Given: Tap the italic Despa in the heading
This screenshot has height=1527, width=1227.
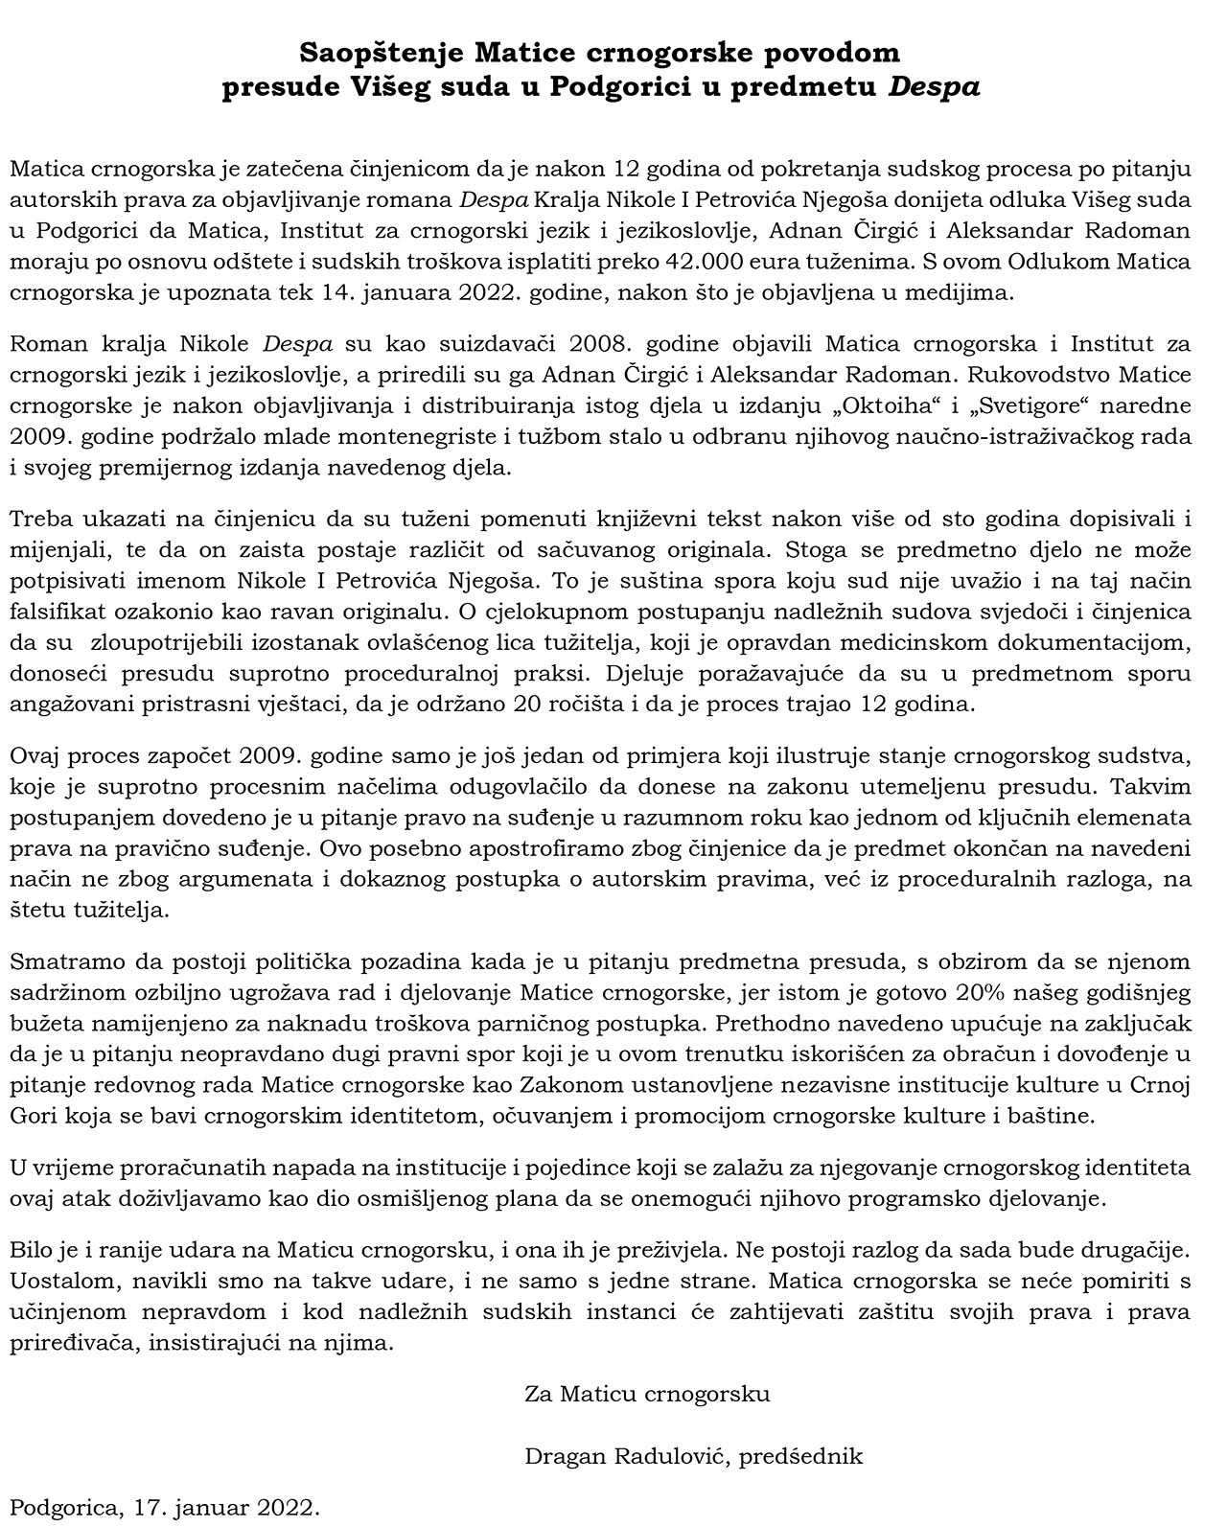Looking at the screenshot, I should [934, 87].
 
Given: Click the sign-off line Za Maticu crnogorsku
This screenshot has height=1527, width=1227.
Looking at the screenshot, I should [647, 1393].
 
